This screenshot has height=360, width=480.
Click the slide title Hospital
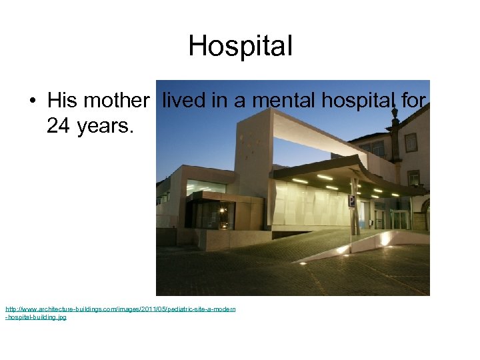coord(240,46)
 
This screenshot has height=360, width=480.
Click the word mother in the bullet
coord(117,101)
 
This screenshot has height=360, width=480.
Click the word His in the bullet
coord(63,101)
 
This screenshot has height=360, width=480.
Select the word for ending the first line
coord(413,101)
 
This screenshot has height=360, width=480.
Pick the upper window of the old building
coord(411,142)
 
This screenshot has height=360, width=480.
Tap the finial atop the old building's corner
coord(395,113)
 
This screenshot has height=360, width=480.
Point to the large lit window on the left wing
coord(205,186)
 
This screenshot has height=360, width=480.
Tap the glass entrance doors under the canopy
coord(399,219)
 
